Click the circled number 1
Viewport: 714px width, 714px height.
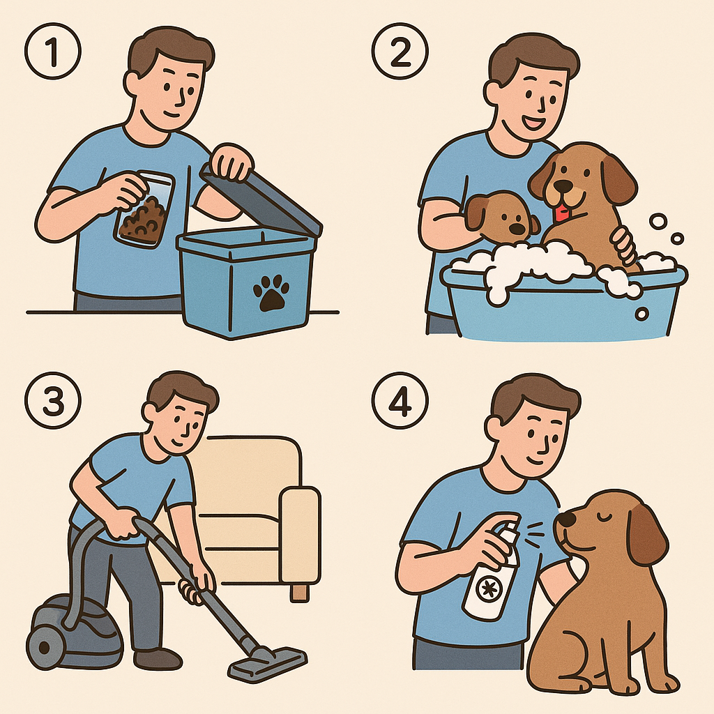[53, 51]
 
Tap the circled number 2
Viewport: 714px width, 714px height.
[400, 51]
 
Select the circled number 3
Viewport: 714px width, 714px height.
[53, 400]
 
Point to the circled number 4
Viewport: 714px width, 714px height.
[400, 400]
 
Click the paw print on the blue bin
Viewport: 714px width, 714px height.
[271, 294]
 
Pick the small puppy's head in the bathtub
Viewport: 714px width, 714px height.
[501, 216]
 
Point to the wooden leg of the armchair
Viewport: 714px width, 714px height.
[300, 593]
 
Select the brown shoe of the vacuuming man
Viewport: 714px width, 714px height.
[158, 658]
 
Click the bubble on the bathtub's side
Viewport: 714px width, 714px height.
[642, 314]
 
